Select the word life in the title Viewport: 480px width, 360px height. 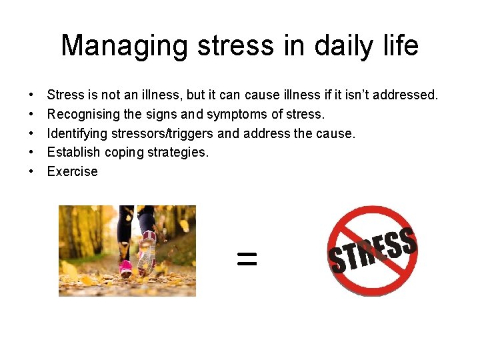tap(399, 46)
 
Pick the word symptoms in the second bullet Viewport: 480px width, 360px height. tap(238, 114)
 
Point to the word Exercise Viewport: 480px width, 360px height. tap(72, 171)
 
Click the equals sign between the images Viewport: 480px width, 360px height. tap(247, 259)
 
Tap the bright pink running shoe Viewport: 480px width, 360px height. tap(125, 268)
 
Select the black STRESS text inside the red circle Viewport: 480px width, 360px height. tap(373, 251)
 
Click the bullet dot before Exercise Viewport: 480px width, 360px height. tap(31, 171)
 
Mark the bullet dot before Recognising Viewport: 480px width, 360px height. tap(31, 114)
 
